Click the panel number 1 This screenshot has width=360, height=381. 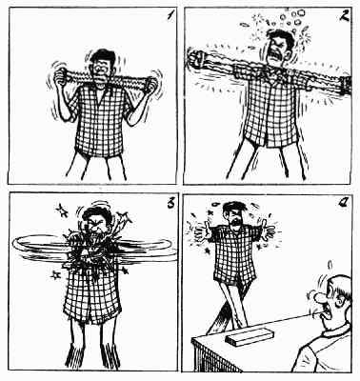tap(170, 15)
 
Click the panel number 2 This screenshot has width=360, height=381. tap(345, 15)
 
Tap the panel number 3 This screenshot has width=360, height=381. tap(171, 204)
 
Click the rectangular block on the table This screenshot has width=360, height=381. tap(250, 335)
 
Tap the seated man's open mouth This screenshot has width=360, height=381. tap(323, 314)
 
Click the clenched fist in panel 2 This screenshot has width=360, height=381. tap(196, 58)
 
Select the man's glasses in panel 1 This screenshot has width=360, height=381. tap(101, 68)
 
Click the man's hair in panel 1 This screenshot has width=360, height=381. tap(102, 56)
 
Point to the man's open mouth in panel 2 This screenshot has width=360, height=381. tap(273, 57)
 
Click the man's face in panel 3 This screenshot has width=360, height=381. tap(96, 226)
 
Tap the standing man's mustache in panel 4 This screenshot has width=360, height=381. tap(235, 221)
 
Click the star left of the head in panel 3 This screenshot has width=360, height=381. tap(62, 211)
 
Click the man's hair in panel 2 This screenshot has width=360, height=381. tap(282, 37)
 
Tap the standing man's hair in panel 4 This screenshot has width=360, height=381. tap(235, 207)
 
